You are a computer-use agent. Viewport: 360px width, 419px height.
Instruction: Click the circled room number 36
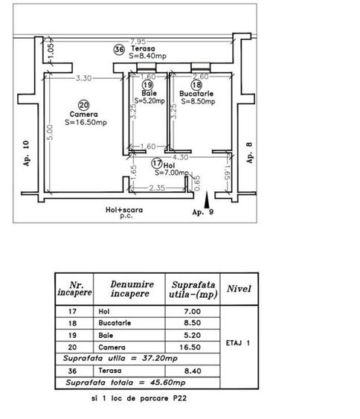click(x=119, y=49)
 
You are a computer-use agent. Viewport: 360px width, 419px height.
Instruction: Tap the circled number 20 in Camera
click(x=84, y=105)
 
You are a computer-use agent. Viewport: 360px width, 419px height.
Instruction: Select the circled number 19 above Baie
click(x=147, y=85)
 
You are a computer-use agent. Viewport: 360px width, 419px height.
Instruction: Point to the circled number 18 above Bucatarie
click(x=196, y=85)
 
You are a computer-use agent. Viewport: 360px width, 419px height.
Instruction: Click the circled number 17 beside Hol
click(x=157, y=163)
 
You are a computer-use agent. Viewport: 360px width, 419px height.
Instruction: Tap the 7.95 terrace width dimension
click(x=138, y=42)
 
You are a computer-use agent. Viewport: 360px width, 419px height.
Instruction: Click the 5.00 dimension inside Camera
click(x=50, y=132)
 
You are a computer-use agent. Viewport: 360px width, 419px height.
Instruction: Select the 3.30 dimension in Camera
click(x=83, y=78)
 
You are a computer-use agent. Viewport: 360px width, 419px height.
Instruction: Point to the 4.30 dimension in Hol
click(x=180, y=157)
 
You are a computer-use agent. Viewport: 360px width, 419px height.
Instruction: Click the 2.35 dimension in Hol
click(x=157, y=188)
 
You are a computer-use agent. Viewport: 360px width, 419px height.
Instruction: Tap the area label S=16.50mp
click(x=86, y=122)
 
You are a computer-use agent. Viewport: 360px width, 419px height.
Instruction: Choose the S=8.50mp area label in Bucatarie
click(x=198, y=101)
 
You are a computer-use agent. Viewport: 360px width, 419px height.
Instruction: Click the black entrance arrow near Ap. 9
click(x=207, y=199)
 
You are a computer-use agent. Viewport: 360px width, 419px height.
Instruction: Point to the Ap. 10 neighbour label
click(x=26, y=153)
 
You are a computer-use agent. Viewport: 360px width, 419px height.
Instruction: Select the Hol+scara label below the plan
click(x=124, y=210)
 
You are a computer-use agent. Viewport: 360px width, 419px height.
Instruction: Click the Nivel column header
click(x=239, y=289)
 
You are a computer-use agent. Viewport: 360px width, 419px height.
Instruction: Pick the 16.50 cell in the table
click(x=190, y=347)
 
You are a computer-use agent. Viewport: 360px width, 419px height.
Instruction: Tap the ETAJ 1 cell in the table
click(x=238, y=343)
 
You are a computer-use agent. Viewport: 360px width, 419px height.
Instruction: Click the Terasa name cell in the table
click(x=110, y=371)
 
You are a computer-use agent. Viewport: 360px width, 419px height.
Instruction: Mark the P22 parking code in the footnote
click(x=180, y=398)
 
